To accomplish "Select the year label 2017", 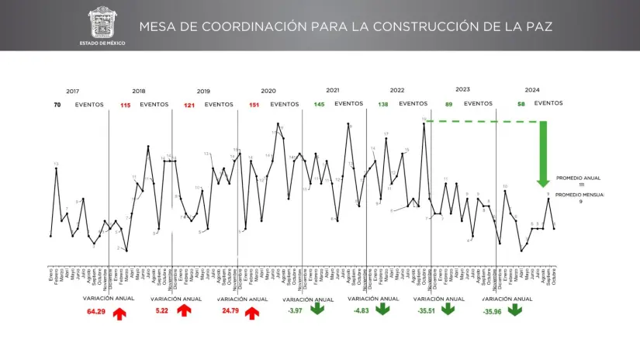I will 73,92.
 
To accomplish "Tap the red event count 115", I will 125,105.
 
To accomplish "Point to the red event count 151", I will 254,105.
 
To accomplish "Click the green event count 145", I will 319,104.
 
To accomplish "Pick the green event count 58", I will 521,103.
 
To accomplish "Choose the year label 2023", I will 463,90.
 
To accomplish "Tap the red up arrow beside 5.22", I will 184,310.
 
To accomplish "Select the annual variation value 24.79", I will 230,311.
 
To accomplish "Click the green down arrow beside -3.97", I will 317,309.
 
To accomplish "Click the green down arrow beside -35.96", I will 515,310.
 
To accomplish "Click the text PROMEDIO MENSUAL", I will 579,194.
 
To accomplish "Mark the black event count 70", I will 57,104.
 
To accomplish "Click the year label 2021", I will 333,91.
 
